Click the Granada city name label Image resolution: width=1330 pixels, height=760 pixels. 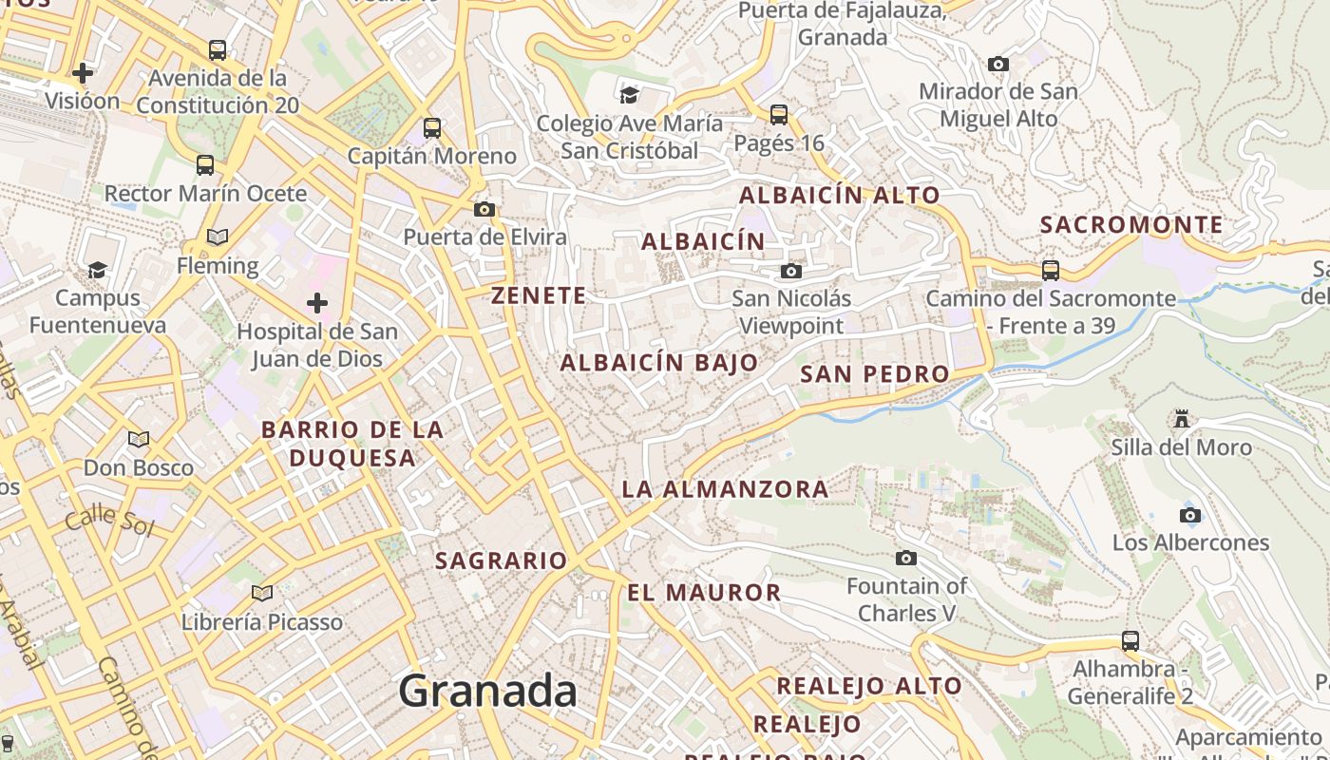click(x=487, y=691)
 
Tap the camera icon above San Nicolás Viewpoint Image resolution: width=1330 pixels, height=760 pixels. click(x=790, y=271)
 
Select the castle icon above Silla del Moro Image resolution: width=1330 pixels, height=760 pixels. click(x=1181, y=418)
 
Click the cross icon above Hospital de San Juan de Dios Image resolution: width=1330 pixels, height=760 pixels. click(x=317, y=303)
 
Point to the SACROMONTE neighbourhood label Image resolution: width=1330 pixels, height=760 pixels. click(x=1131, y=225)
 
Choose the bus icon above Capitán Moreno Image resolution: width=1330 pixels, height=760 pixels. click(x=432, y=127)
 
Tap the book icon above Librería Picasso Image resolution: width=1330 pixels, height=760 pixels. click(x=262, y=594)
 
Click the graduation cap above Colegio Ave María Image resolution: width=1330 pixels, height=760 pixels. click(x=629, y=94)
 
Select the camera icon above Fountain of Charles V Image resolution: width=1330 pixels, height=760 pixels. click(x=906, y=558)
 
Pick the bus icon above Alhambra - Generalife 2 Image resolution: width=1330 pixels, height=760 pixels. click(x=1130, y=640)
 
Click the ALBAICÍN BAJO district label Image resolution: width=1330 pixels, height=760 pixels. click(x=659, y=362)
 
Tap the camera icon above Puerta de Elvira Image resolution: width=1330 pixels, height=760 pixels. click(x=484, y=209)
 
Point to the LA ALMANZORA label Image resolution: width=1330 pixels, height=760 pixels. click(x=725, y=489)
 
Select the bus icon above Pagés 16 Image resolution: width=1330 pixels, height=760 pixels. click(x=779, y=115)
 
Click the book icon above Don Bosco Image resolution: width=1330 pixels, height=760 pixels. click(x=139, y=439)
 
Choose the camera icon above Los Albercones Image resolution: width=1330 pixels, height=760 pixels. click(x=1189, y=515)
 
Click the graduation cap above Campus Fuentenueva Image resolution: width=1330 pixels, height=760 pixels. click(x=97, y=270)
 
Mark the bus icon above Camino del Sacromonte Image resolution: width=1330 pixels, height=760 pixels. click(x=1050, y=270)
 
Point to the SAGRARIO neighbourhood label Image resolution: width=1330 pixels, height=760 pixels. click(x=501, y=560)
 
